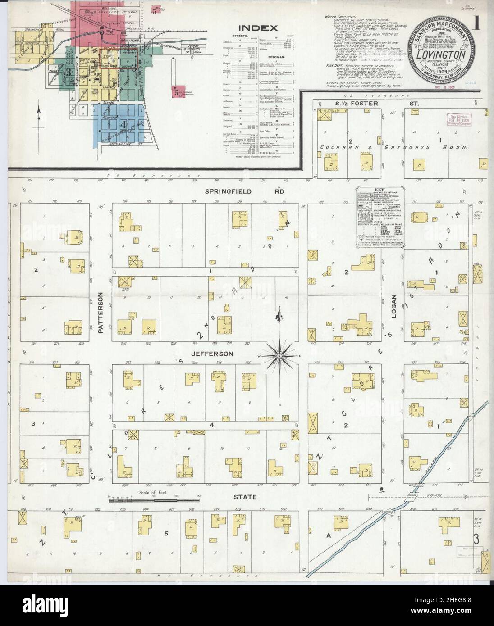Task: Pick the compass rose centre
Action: coord(279,356)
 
